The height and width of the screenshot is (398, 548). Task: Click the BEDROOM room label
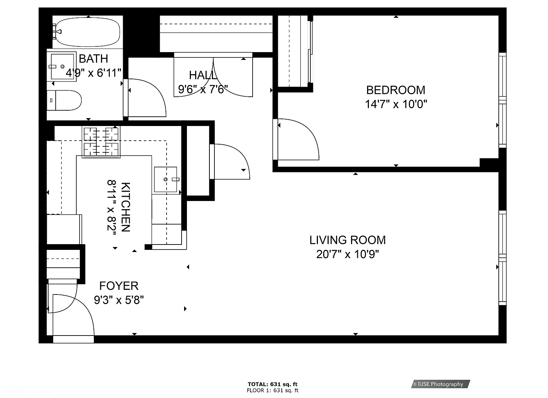click(x=396, y=90)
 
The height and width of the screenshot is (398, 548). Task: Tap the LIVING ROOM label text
click(x=347, y=240)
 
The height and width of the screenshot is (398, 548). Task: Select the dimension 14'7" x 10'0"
click(x=396, y=104)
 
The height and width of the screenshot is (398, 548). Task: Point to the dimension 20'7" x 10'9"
click(x=347, y=254)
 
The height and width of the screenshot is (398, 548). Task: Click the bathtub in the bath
click(x=87, y=32)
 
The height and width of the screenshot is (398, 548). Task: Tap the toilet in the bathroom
click(x=64, y=100)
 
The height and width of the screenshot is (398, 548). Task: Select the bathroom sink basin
click(x=62, y=66)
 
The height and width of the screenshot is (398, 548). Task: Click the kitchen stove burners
click(x=101, y=142)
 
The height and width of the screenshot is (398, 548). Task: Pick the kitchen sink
click(x=166, y=180)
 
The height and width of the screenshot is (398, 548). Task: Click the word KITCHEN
click(x=126, y=207)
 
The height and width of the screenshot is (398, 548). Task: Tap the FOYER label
click(x=119, y=286)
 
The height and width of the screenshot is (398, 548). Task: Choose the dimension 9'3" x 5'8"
click(x=119, y=300)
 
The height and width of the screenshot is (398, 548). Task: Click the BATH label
click(x=93, y=59)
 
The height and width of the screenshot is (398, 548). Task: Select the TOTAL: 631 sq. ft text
click(x=273, y=384)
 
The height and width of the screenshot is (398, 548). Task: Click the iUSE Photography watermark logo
click(x=440, y=384)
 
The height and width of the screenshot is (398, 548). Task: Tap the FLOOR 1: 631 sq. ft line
click(x=273, y=391)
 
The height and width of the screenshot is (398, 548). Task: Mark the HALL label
click(x=203, y=75)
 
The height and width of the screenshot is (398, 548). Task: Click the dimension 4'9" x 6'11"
click(x=93, y=73)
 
